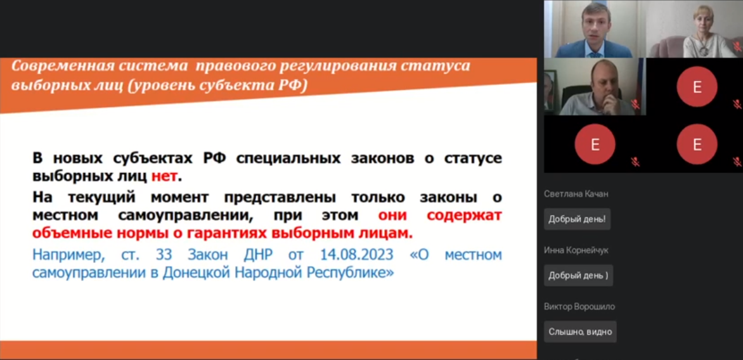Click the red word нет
tap(164, 176)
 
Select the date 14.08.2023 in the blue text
tap(357, 255)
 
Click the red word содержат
tap(464, 215)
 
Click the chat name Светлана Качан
tap(576, 194)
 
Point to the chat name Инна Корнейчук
tap(576, 250)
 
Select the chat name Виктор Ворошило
tap(579, 307)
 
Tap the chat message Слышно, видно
tap(580, 331)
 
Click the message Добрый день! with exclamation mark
tap(577, 219)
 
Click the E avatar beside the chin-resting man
tap(697, 86)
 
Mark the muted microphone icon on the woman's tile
tap(737, 46)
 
